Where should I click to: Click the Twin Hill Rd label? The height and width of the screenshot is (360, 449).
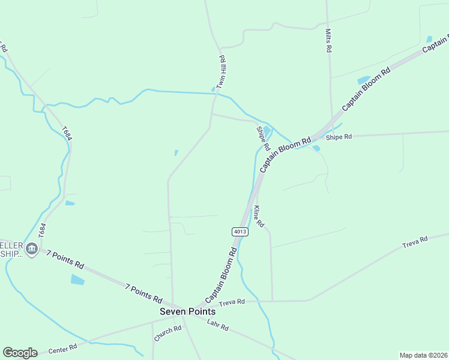click(221, 73)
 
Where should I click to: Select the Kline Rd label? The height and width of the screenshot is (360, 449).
click(258, 217)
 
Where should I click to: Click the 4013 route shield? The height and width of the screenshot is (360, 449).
click(240, 232)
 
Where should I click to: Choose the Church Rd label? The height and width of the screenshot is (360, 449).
click(167, 334)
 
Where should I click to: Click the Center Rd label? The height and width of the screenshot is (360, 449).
click(64, 347)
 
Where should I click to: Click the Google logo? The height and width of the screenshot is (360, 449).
click(20, 353)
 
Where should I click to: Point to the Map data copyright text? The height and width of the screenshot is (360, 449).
click(423, 355)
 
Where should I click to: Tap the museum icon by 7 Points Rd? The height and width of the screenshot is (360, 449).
click(32, 250)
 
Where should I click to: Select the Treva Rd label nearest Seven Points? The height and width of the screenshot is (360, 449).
click(232, 302)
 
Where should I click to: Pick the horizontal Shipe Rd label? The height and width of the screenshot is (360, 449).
click(339, 137)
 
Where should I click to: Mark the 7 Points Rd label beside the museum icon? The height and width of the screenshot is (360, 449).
click(65, 260)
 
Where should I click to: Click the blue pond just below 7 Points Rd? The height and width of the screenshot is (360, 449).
click(77, 279)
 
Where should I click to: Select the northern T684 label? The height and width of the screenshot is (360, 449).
click(67, 133)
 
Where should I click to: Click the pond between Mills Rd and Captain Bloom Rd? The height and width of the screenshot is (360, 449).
click(363, 80)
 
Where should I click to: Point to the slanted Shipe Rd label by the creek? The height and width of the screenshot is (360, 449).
click(263, 139)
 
